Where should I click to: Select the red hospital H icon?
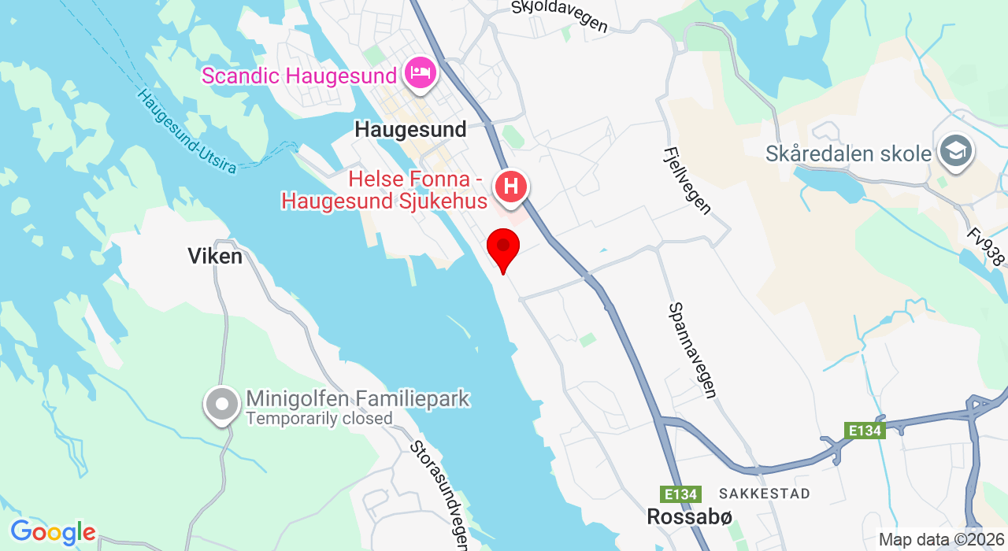coord(510,187)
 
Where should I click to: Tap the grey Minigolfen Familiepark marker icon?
coord(222,405)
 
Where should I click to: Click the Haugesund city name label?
coord(410,129)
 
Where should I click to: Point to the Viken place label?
coord(215,256)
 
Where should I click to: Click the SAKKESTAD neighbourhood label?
coord(770,494)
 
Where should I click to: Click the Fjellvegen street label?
coord(687,180)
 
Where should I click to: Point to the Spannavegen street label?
coord(692,350)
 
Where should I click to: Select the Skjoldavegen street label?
coord(559,16)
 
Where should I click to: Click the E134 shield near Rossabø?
coord(680,494)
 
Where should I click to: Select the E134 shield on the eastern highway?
coord(865,431)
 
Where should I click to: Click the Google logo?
coord(52,533)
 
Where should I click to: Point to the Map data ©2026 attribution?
coord(942,540)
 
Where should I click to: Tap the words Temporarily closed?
coord(319,419)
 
